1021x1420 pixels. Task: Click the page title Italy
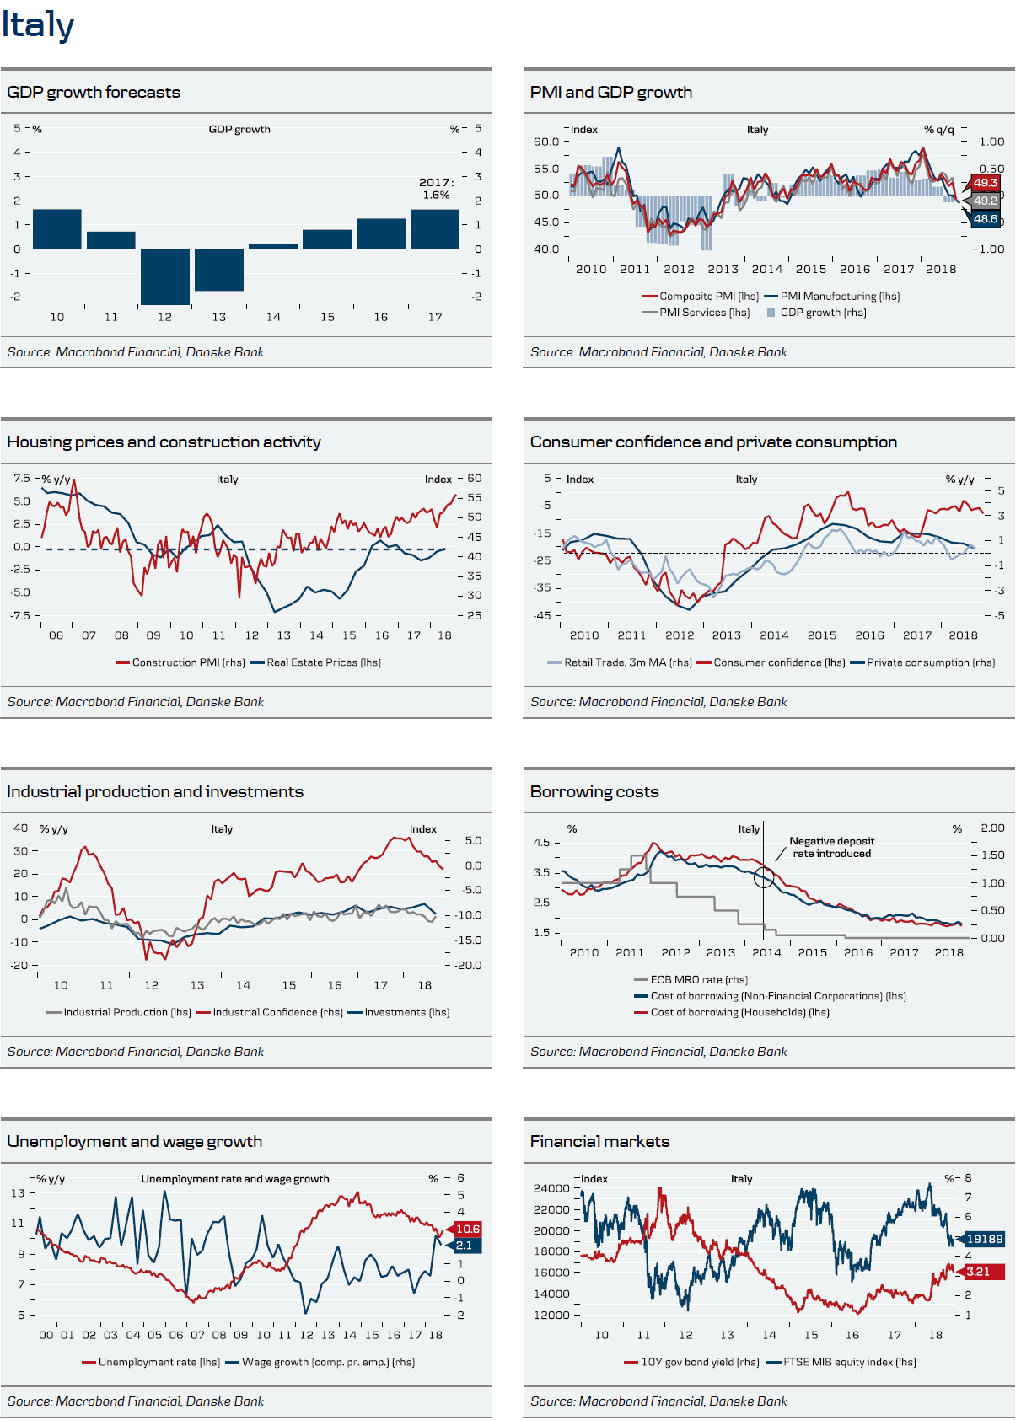[38, 25]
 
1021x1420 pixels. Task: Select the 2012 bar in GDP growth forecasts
[165, 276]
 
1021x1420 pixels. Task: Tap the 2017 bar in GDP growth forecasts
[435, 229]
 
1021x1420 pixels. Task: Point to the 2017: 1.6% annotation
[436, 189]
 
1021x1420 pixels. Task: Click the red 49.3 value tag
[985, 183]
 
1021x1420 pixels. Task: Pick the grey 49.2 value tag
[985, 201]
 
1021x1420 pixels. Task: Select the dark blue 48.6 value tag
[985, 219]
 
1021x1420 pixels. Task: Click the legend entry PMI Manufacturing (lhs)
[839, 297]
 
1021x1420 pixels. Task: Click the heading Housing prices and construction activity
[164, 442]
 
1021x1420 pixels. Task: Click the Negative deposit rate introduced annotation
[831, 847]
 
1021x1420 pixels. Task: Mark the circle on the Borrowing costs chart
[764, 877]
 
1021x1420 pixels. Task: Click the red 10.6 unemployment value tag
[467, 1229]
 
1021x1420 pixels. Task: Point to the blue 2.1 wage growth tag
[465, 1246]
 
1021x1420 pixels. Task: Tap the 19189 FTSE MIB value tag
[983, 1239]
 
